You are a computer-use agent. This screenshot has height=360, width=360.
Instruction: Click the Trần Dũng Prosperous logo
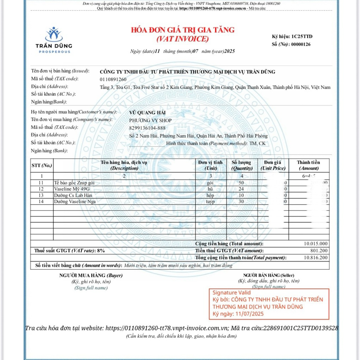coord(54,40)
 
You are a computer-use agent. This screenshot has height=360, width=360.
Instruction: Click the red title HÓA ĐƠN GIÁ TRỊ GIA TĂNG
coord(182,30)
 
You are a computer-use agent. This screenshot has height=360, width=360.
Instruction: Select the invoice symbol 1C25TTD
coord(302,37)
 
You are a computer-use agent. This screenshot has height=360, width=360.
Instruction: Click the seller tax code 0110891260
coord(113,79)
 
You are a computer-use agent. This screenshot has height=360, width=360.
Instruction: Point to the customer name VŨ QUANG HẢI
coord(147,112)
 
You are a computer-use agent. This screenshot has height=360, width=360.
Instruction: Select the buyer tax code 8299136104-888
coord(147,128)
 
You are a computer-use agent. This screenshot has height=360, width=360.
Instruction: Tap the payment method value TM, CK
coord(257,143)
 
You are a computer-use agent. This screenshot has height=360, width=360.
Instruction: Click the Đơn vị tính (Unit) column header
coord(210,165)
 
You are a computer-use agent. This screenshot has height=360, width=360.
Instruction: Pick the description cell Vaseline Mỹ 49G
coord(72,189)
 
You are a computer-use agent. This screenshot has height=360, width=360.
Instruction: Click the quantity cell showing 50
coord(241,183)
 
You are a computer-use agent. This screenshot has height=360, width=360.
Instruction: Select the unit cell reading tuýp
coord(210,201)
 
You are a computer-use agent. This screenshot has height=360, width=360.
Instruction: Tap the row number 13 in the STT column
coord(41,195)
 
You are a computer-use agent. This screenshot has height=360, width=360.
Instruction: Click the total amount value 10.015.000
coord(316,244)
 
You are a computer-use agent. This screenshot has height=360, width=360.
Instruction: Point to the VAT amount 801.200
coord(319,251)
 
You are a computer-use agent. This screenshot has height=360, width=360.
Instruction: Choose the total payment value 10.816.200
coord(316,258)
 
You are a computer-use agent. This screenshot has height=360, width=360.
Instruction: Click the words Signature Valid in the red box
coord(232,292)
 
